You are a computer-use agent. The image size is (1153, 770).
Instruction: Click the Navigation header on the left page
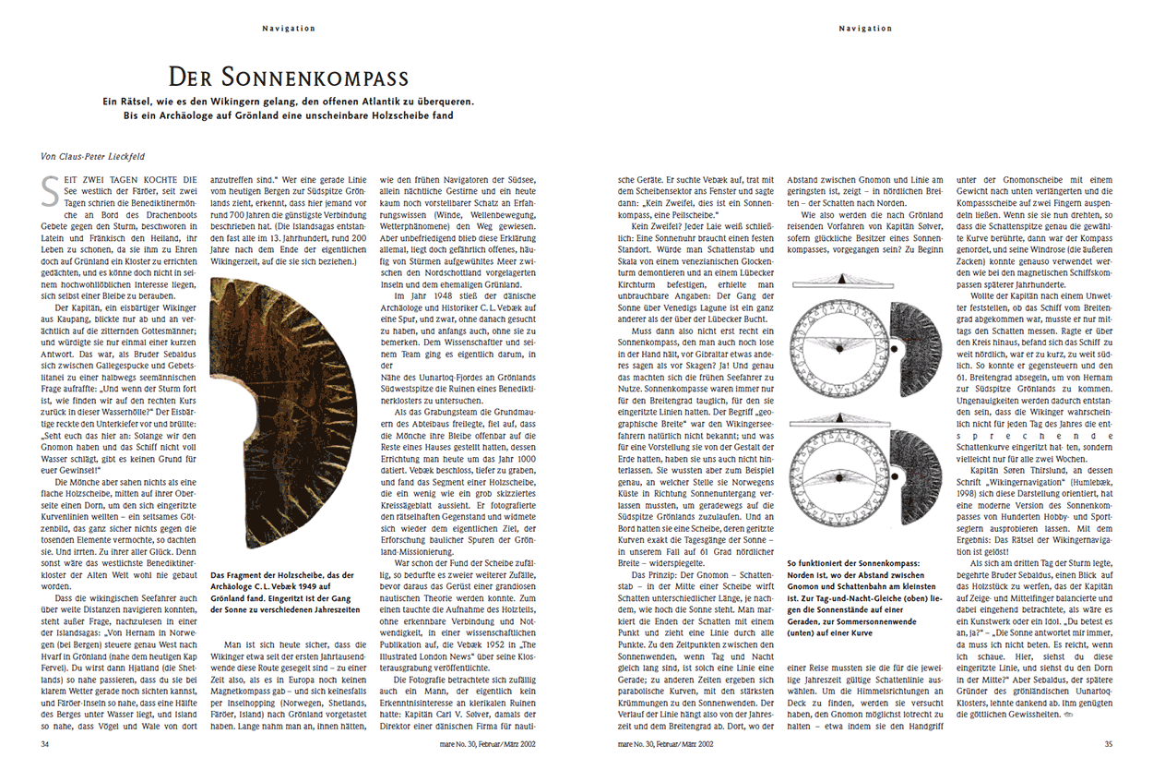pyautogui.click(x=289, y=29)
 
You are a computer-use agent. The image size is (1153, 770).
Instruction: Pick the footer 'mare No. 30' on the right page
pyautogui.click(x=665, y=741)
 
